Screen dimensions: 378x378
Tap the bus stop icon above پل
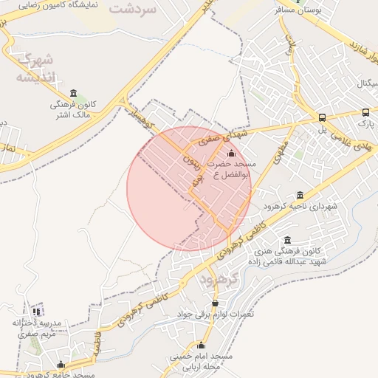(322, 117)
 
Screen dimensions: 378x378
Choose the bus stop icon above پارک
(365, 113)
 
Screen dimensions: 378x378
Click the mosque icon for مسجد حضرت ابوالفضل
(232, 153)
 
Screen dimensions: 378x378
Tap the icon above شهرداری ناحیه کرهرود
(299, 195)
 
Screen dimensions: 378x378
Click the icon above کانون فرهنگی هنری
(287, 240)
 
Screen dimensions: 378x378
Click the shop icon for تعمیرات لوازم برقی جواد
(215, 303)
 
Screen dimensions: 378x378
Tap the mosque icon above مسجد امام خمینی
(202, 345)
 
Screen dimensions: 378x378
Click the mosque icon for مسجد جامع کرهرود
(61, 365)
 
